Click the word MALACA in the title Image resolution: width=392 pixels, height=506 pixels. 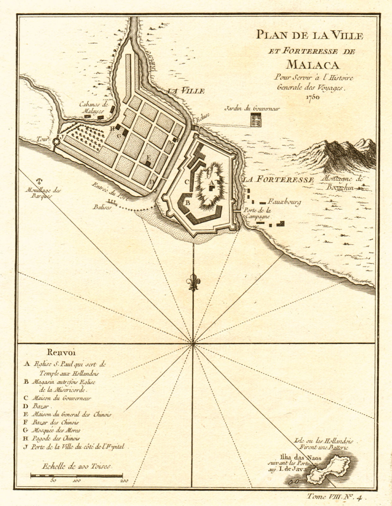click(313, 65)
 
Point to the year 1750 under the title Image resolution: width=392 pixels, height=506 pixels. click(313, 97)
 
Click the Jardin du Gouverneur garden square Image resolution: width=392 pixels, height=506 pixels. click(255, 120)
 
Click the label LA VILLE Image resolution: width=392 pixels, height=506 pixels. click(186, 91)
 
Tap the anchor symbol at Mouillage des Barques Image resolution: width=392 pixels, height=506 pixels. click(40, 182)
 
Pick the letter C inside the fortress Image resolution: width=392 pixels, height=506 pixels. click(187, 182)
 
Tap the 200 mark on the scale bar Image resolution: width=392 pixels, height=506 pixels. click(124, 481)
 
